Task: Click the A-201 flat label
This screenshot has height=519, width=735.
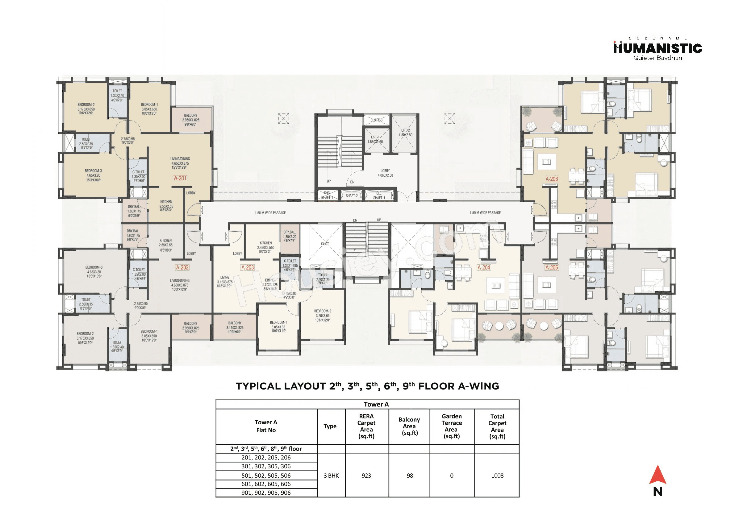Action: (180, 179)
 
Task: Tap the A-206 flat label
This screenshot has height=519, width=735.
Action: (551, 179)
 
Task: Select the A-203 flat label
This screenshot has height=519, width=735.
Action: (248, 268)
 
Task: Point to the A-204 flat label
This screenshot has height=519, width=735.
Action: (483, 268)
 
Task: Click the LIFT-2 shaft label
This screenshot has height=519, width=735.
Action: (406, 132)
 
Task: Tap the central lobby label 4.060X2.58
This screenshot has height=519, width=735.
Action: (385, 173)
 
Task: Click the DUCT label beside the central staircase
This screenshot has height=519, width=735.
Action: (325, 244)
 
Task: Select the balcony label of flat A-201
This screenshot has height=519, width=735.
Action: (191, 120)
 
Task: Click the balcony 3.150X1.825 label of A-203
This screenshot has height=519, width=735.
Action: (235, 327)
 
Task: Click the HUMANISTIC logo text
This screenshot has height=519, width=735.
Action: (658, 49)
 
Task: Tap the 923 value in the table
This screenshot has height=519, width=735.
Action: (366, 476)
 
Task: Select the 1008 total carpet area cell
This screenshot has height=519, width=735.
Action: (497, 476)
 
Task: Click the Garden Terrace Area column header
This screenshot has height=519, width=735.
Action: (451, 426)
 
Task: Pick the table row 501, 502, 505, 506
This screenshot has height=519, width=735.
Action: (266, 476)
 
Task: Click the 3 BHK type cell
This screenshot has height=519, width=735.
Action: (331, 476)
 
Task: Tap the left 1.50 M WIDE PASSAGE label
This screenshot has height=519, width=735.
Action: (270, 213)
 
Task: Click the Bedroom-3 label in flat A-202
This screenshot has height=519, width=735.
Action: (94, 271)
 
